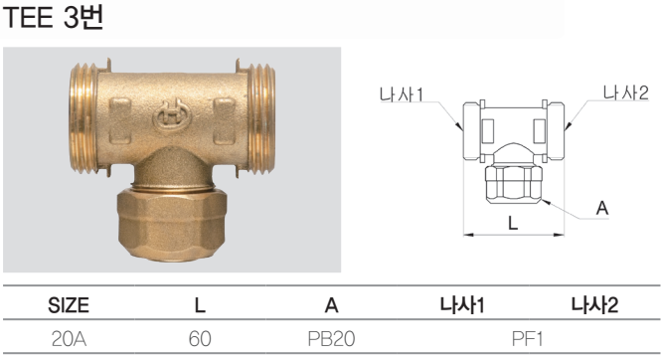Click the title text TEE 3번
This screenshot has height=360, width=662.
(54, 18)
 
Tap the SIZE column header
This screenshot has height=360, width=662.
(69, 305)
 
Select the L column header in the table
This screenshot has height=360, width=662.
(200, 305)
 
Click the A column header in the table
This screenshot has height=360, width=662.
(331, 305)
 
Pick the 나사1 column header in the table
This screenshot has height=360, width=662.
(462, 305)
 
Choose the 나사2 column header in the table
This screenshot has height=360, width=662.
(594, 305)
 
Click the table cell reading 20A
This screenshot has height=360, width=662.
(69, 339)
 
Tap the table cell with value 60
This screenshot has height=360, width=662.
(200, 339)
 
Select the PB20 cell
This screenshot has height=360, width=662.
(331, 339)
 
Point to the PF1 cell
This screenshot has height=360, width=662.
(528, 339)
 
